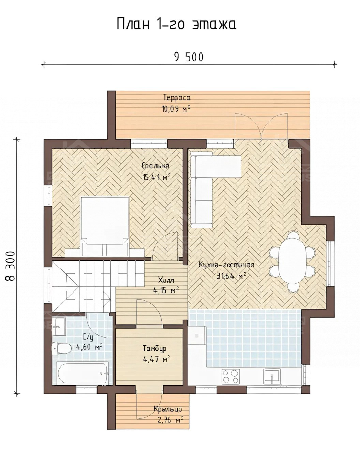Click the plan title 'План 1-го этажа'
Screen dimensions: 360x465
click(177, 24)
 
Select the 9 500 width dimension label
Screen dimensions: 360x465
click(189, 57)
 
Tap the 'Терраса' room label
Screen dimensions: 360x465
click(177, 98)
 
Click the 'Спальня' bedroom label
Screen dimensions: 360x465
click(155, 166)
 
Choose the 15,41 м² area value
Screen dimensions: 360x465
click(156, 177)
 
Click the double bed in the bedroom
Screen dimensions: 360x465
click(105, 226)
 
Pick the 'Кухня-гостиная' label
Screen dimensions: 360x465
click(226, 265)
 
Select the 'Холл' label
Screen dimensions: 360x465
click(166, 280)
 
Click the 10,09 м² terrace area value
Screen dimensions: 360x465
click(176, 109)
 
